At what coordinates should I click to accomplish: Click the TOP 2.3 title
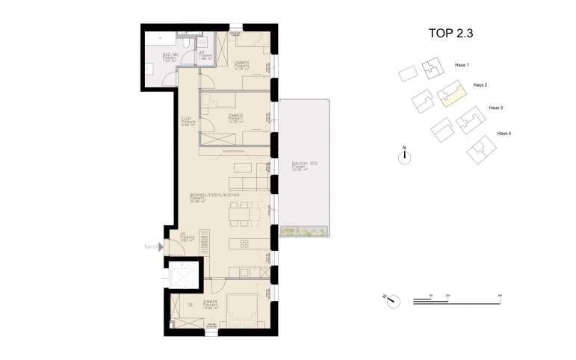[x=451, y=32]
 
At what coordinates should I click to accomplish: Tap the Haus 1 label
[x=462, y=65]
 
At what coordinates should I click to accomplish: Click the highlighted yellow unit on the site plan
[x=451, y=94]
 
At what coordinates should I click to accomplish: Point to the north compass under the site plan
[x=404, y=155]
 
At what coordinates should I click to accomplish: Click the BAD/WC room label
[x=171, y=57]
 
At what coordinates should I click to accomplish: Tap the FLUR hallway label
[x=187, y=121]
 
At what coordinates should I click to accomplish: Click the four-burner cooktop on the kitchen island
[x=244, y=243]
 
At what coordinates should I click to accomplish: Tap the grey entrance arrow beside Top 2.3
[x=158, y=246]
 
